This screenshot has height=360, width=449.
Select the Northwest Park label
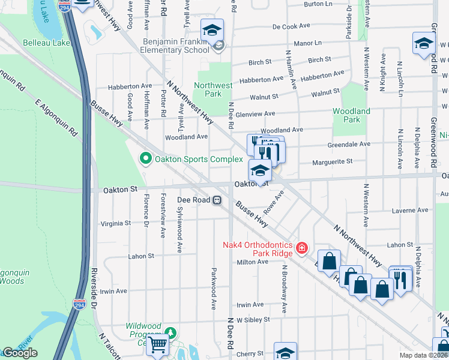pos(213,89)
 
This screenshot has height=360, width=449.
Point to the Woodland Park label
pos(352,115)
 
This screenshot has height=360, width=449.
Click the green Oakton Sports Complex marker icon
pos(145,159)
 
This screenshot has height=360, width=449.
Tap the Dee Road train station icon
pos(220,200)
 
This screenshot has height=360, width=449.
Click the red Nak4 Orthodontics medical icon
pos(301,247)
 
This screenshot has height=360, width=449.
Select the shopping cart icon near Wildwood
pos(157,344)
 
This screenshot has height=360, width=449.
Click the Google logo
pos(20,353)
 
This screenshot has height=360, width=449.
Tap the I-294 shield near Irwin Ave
pos(79,305)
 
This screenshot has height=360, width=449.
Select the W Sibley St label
pos(253,320)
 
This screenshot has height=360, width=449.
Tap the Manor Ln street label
pos(308,43)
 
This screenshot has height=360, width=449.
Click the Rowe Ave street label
pos(275,205)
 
